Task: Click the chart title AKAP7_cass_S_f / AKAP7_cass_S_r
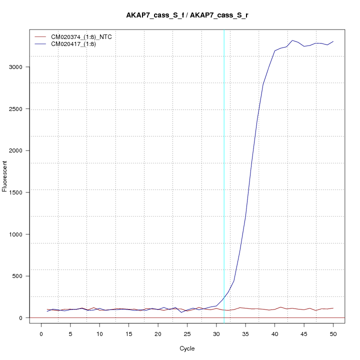click(x=187, y=15)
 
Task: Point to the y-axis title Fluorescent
click(x=5, y=175)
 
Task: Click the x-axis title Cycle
click(x=187, y=348)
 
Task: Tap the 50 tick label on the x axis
click(x=333, y=333)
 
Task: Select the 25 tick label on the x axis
click(x=187, y=333)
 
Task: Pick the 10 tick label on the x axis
click(x=99, y=333)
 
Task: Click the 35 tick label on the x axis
click(x=245, y=333)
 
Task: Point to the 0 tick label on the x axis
click(x=41, y=333)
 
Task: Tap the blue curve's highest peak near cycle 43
click(x=292, y=40)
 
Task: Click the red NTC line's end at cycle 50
click(x=333, y=308)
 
